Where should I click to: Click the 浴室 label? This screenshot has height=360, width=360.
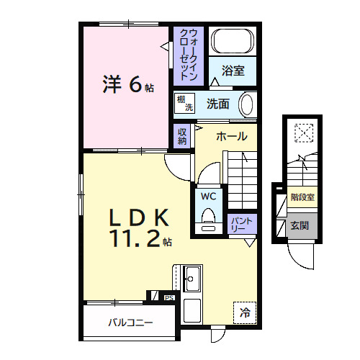pos(232,71)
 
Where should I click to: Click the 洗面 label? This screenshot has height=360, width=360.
pos(219,104)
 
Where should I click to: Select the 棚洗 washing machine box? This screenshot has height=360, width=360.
pos(185,104)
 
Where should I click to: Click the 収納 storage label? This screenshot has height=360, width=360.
pos(183,135)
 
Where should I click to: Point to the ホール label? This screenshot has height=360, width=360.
pos(231,136)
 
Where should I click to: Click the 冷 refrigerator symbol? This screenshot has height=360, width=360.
pos(246,313)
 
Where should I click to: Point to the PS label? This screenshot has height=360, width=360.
pos(169,296)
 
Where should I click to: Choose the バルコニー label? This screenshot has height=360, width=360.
pos(130,322)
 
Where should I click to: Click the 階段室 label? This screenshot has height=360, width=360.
pos(302,196)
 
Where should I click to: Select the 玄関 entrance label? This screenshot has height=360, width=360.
pos(300,225)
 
